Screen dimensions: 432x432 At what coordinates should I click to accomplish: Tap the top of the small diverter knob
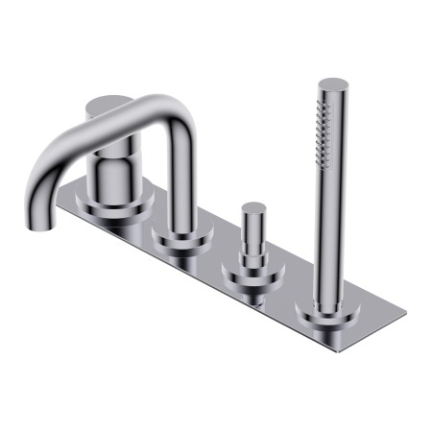(x=253, y=207)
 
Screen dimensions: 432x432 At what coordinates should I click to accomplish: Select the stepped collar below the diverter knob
(x=253, y=257)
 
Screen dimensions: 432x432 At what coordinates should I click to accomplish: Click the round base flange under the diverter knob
(x=253, y=280)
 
